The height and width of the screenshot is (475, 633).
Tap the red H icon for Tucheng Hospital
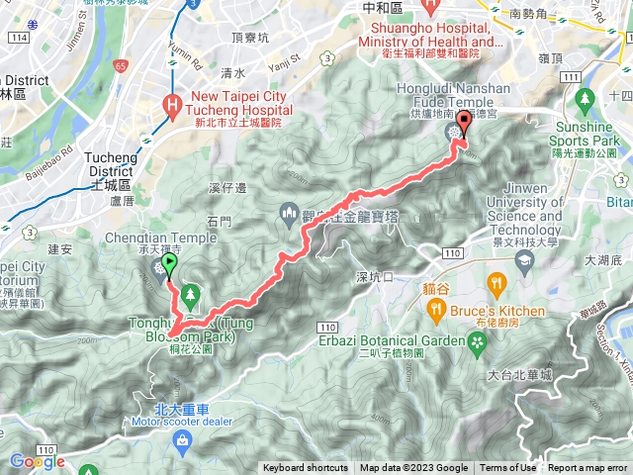pyautogui.click(x=174, y=104)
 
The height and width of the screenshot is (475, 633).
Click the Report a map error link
pyautogui.click(x=588, y=468)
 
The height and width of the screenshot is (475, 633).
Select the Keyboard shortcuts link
pyautogui.click(x=306, y=468)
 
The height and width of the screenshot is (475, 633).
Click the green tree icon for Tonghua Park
pyautogui.click(x=188, y=295)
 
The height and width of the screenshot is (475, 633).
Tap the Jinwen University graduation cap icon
pyautogui.click(x=523, y=262)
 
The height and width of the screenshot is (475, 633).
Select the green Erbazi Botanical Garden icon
pyautogui.click(x=479, y=341)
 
